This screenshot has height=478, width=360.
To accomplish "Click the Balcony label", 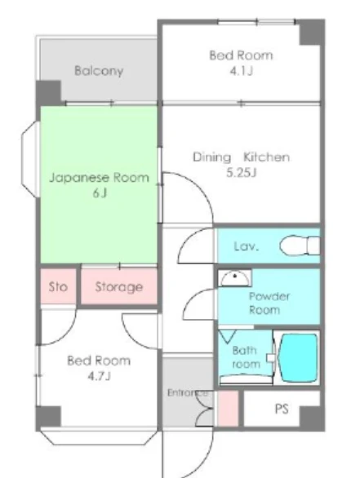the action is (99, 71).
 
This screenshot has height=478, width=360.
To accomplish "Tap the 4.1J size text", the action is (242, 71).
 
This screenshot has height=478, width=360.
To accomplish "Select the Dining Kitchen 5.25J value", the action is (241, 173).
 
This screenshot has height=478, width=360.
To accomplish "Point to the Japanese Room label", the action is (99, 178).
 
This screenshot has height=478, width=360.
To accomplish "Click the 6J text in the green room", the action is (100, 193).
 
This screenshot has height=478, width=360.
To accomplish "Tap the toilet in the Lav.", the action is (300, 246).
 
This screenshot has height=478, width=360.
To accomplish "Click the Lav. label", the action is (247, 246).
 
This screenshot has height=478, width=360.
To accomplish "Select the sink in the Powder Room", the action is (234, 278).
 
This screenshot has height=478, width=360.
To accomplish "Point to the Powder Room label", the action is (269, 303).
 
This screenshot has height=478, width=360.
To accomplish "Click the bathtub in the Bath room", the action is (299, 358).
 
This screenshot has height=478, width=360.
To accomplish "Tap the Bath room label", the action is (246, 357).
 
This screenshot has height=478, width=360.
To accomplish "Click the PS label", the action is (282, 409).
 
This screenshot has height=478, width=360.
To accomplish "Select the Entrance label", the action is (188, 393).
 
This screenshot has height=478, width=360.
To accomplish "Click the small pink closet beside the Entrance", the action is (228, 409).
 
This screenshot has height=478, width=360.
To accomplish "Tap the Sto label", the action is (58, 287).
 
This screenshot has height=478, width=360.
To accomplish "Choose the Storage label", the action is (119, 287).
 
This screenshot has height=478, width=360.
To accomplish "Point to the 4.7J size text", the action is (99, 376).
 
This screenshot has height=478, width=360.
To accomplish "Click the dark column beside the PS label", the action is (311, 418).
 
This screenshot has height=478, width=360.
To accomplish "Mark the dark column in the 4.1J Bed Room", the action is (312, 33).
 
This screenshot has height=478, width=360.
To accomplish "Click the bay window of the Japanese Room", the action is (30, 159).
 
